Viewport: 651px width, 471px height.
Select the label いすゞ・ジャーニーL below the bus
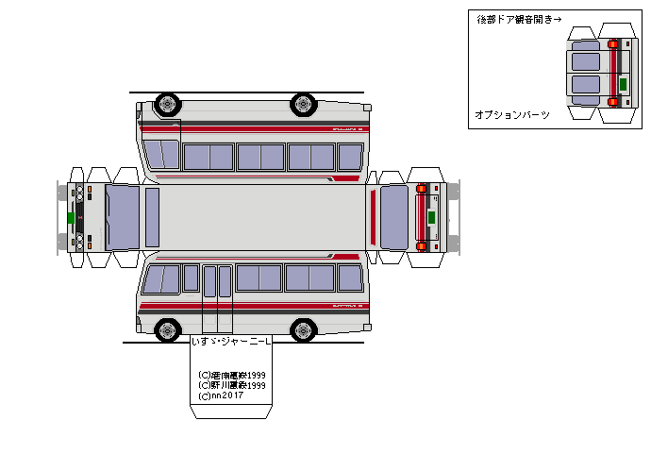point(231,342)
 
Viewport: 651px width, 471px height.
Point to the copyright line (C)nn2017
point(221,395)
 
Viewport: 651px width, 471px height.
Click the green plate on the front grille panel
point(71,217)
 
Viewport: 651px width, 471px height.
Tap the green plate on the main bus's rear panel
point(431,217)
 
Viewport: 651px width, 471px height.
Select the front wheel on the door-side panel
point(167,329)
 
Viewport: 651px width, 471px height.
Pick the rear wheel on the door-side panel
point(303,329)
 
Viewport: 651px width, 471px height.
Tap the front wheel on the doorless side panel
point(167,102)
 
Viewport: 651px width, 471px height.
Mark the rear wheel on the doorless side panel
point(303,102)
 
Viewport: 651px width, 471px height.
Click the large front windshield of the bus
point(122,217)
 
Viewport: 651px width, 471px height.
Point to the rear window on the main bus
point(393,217)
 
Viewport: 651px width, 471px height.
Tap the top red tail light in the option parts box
point(613,43)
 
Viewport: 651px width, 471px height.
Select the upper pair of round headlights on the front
point(78,194)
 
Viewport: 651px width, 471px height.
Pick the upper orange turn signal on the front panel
point(90,191)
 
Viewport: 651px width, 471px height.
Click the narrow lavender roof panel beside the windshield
point(152,217)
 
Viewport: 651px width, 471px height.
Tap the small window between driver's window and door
point(191,278)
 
